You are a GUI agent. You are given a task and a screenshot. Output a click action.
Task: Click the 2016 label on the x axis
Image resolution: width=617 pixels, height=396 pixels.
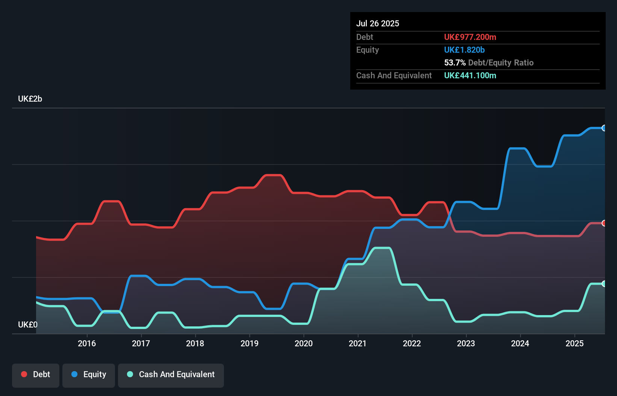pos(87,343)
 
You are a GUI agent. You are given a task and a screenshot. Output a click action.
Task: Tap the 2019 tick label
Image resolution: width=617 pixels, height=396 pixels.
pos(250,343)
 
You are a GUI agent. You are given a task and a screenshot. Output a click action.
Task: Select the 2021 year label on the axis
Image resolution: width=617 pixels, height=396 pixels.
pos(357,343)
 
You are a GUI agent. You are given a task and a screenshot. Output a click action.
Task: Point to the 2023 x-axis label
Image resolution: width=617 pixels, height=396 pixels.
pos(466,343)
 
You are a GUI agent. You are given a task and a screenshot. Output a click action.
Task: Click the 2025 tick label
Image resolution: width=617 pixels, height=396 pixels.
pos(575,343)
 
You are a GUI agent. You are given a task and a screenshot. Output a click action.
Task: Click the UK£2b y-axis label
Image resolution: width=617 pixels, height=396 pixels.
pos(30,99)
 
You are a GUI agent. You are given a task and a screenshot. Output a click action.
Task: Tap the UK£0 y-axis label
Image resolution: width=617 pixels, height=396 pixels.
pos(28,324)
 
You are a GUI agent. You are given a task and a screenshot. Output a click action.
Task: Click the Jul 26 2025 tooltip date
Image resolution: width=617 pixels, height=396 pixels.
pos(378,23)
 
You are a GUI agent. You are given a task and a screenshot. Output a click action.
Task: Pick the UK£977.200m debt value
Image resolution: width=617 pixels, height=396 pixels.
pos(470,37)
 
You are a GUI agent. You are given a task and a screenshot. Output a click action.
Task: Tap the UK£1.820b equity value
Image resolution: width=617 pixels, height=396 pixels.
pos(464,50)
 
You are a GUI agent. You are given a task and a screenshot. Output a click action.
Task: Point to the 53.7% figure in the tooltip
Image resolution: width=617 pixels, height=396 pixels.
pos(455,62)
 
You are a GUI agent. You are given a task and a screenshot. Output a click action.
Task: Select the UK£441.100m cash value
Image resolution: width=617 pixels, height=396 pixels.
pos(470,75)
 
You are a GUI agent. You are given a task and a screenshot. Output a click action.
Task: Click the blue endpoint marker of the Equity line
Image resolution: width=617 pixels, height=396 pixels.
pos(604,128)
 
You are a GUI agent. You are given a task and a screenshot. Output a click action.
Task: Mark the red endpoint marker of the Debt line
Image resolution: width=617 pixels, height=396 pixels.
pos(604,223)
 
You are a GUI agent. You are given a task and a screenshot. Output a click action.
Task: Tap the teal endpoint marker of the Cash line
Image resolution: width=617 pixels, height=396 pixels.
pos(604,284)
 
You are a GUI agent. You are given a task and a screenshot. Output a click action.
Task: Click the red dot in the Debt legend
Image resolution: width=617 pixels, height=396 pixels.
pos(24,374)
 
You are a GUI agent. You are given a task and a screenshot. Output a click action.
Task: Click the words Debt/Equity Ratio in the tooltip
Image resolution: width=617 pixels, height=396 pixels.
pos(501,62)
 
